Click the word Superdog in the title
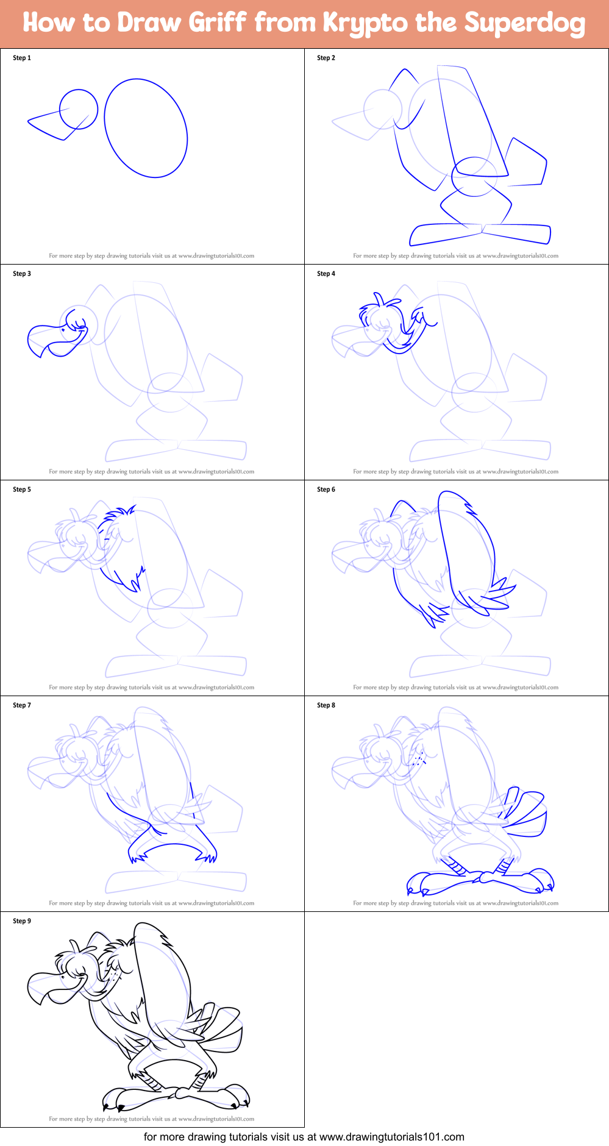(524, 24)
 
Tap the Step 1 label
(22, 58)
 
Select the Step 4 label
(326, 274)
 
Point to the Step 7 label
(22, 705)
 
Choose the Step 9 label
(22, 921)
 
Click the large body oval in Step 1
(146, 128)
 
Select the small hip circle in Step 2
(474, 177)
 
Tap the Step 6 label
(326, 489)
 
